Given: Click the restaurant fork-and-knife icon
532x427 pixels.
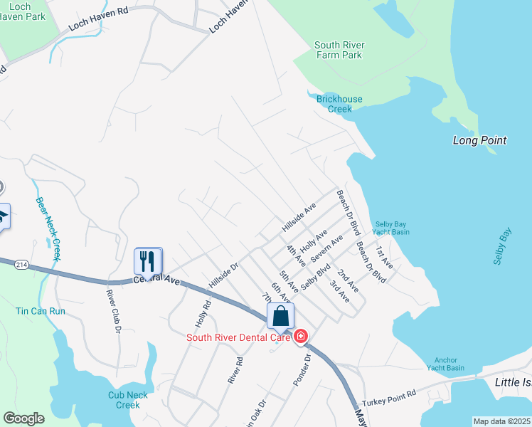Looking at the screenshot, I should [x=148, y=260].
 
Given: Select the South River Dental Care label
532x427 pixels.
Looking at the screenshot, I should [x=238, y=337].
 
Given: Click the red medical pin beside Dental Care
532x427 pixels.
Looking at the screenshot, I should [x=301, y=336].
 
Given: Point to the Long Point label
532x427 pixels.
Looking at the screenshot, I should [x=479, y=140].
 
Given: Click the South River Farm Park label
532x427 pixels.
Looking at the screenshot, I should [x=339, y=50].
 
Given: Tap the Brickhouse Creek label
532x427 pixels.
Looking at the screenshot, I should [x=339, y=104].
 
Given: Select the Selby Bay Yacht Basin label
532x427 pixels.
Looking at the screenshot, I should [x=391, y=227].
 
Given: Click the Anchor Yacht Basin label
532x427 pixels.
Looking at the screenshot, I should [x=445, y=364].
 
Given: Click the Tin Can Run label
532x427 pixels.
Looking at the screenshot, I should [x=41, y=311].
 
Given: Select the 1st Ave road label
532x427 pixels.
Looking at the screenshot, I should [x=384, y=257].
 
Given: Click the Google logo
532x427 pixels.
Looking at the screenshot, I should [x=23, y=418].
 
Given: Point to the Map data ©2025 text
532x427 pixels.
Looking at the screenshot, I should [x=502, y=421].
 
